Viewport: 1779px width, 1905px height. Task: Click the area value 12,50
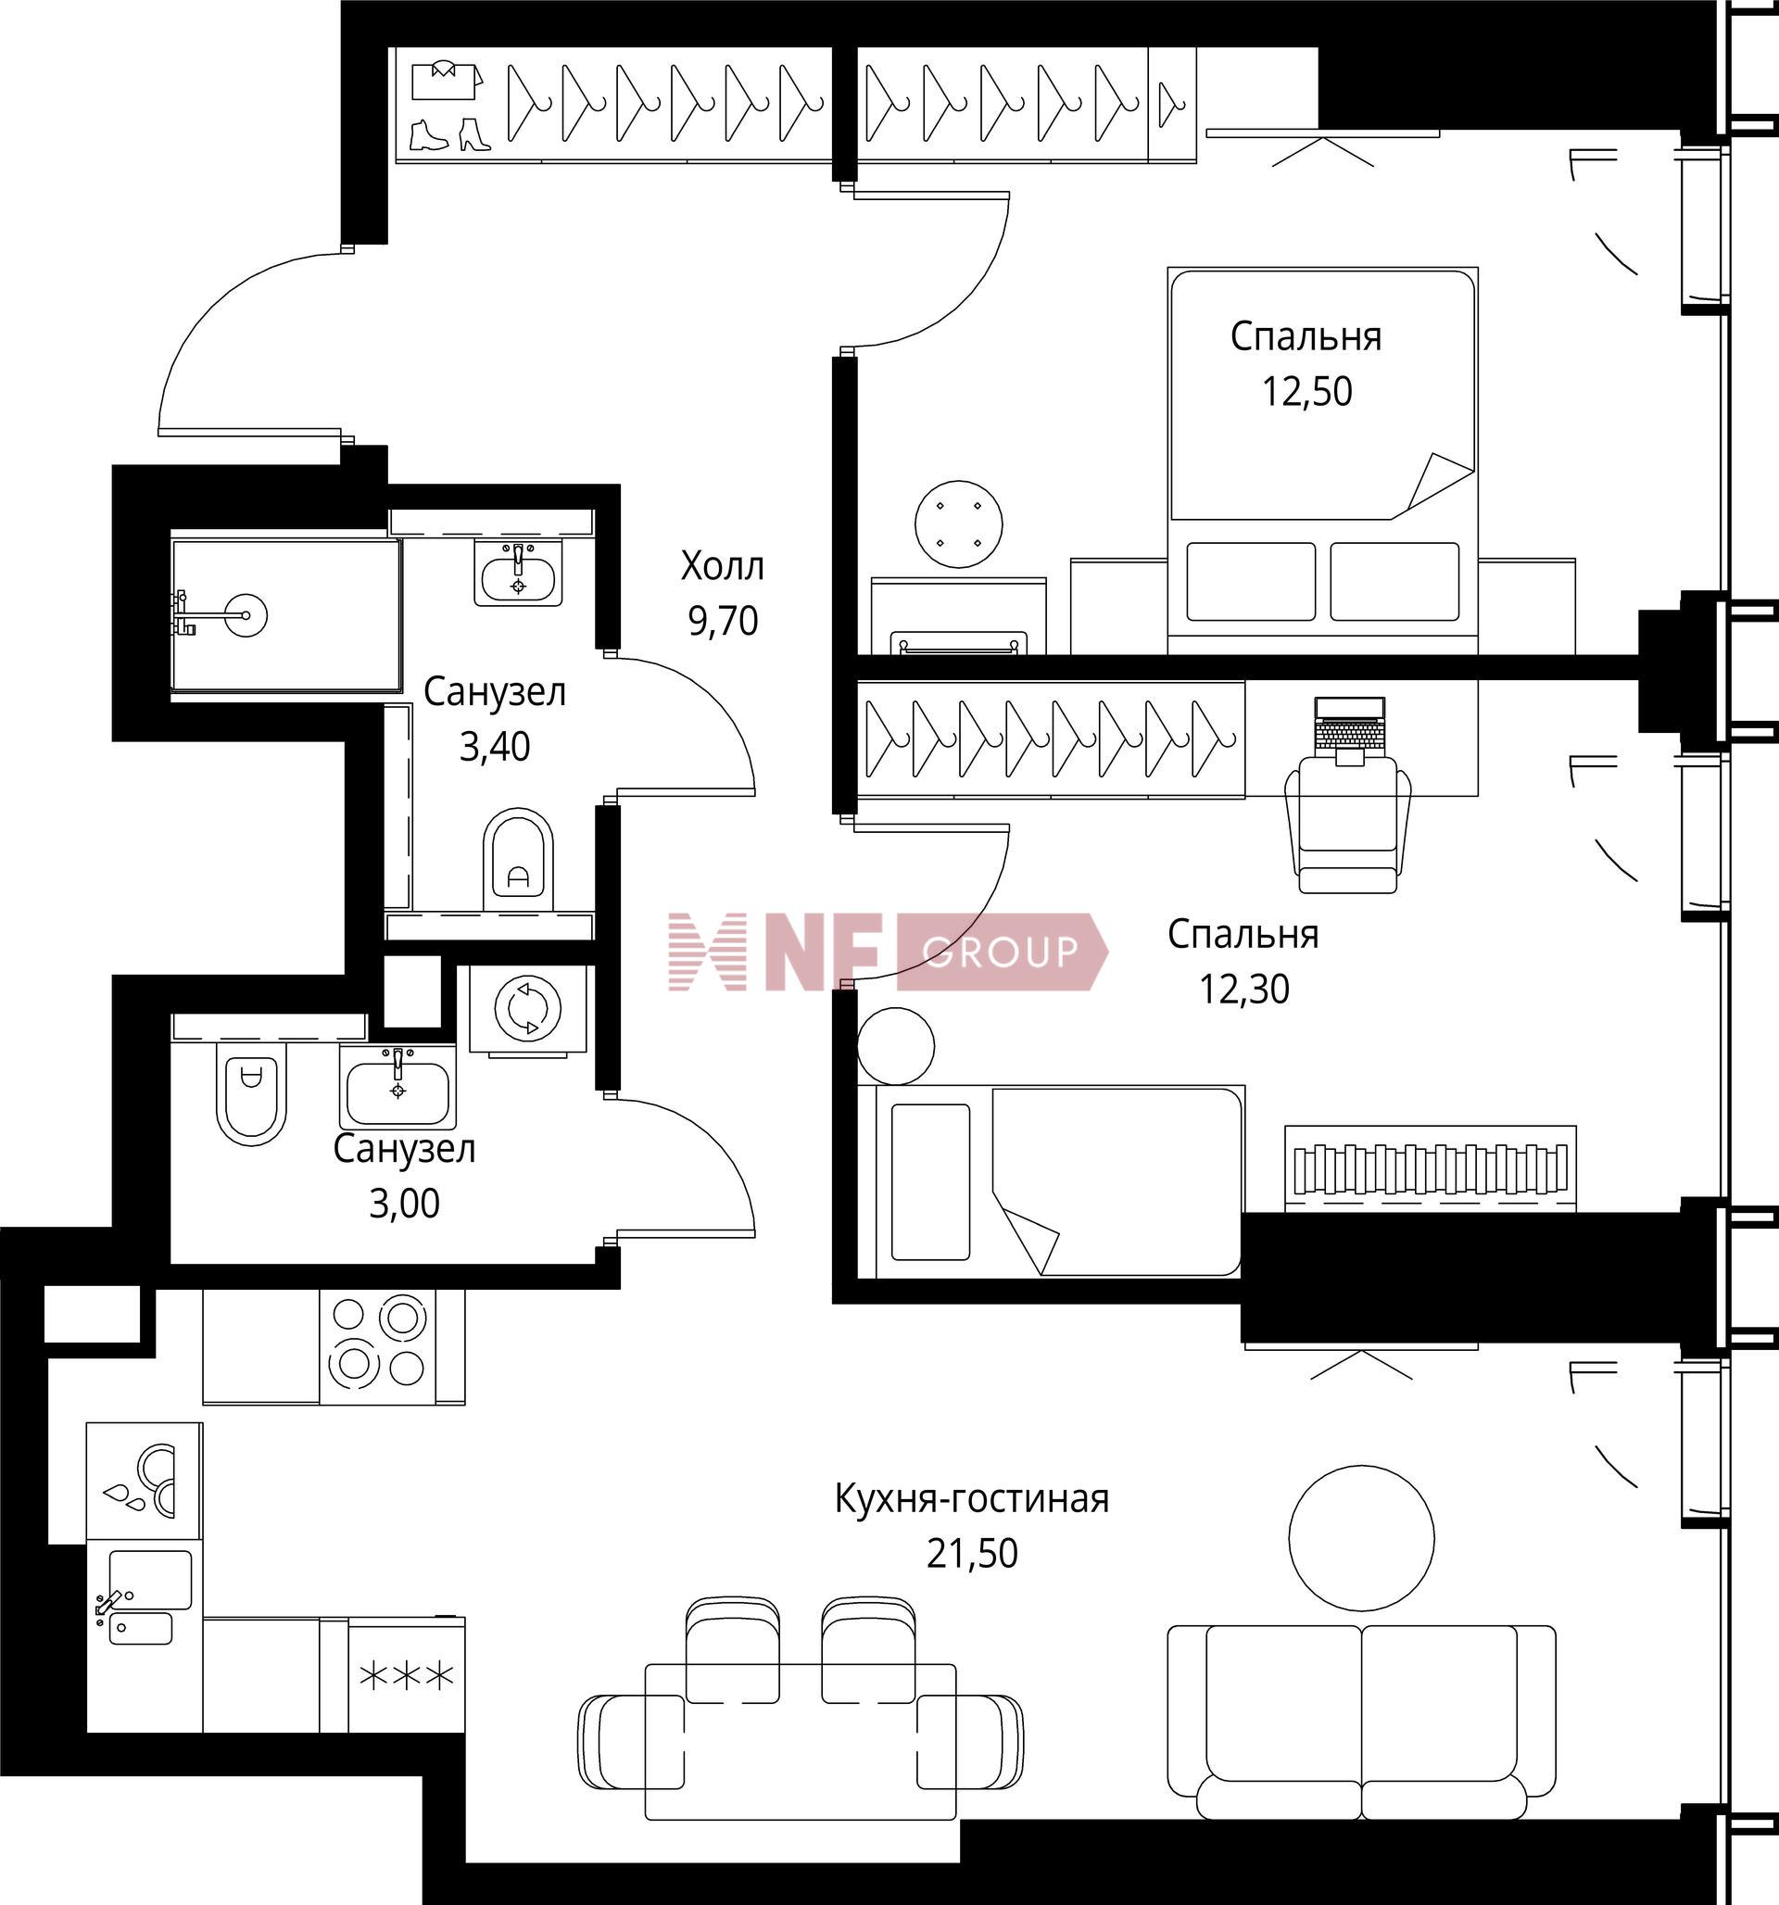pos(1306,391)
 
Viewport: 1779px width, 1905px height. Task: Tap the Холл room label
pos(722,566)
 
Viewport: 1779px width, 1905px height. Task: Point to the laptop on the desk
pos(1350,729)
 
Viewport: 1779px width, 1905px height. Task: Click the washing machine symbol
pos(526,1009)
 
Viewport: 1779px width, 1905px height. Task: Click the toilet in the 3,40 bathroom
pos(518,860)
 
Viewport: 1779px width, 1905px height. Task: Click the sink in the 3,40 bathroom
pos(519,572)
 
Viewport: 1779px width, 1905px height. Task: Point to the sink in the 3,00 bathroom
pos(397,1087)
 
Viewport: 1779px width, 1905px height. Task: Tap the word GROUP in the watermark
pos(1000,952)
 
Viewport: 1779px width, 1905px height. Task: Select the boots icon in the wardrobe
pos(449,134)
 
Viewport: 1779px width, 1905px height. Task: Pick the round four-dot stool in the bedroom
pos(958,524)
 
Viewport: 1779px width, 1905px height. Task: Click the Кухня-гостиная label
pos(971,1497)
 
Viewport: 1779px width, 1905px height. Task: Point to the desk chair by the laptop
pos(1347,824)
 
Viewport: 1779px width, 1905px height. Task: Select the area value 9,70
pos(723,621)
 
